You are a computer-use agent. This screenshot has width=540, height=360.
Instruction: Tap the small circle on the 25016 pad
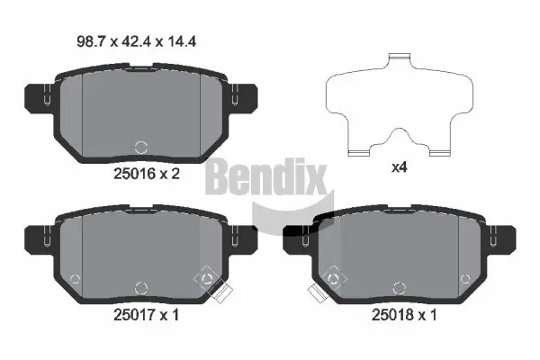pyautogui.click(x=139, y=147)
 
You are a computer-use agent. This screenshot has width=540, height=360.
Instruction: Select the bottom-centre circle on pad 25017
pyautogui.click(x=139, y=288)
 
